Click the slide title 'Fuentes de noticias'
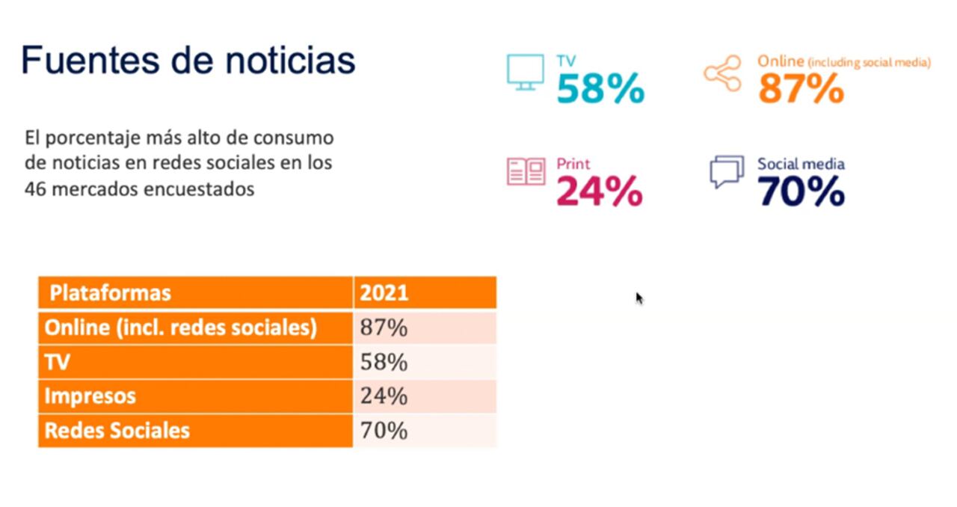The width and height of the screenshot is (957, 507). click(188, 60)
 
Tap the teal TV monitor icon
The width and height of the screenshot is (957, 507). click(525, 72)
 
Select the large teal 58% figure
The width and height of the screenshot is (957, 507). click(600, 90)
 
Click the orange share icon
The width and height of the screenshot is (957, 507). click(722, 73)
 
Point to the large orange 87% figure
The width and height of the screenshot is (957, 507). click(801, 90)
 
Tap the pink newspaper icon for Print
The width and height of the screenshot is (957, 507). click(526, 172)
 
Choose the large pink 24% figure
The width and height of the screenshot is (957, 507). click(599, 191)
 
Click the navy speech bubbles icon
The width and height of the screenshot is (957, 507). click(727, 171)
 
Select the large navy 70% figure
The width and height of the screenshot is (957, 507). click(801, 192)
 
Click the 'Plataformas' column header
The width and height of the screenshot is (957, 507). click(110, 292)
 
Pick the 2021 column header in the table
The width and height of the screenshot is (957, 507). click(384, 292)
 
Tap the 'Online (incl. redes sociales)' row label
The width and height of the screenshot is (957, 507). click(181, 328)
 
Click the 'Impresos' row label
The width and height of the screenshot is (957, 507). click(90, 396)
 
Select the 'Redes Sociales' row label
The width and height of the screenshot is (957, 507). click(117, 430)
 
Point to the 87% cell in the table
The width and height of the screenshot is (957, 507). click(384, 328)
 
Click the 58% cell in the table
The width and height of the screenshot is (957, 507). click(384, 362)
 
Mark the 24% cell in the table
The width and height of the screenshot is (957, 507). click(384, 396)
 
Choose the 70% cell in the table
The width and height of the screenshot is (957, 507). click(384, 430)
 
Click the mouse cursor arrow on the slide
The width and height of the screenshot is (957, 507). click(639, 298)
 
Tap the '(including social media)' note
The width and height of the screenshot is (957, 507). click(869, 64)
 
